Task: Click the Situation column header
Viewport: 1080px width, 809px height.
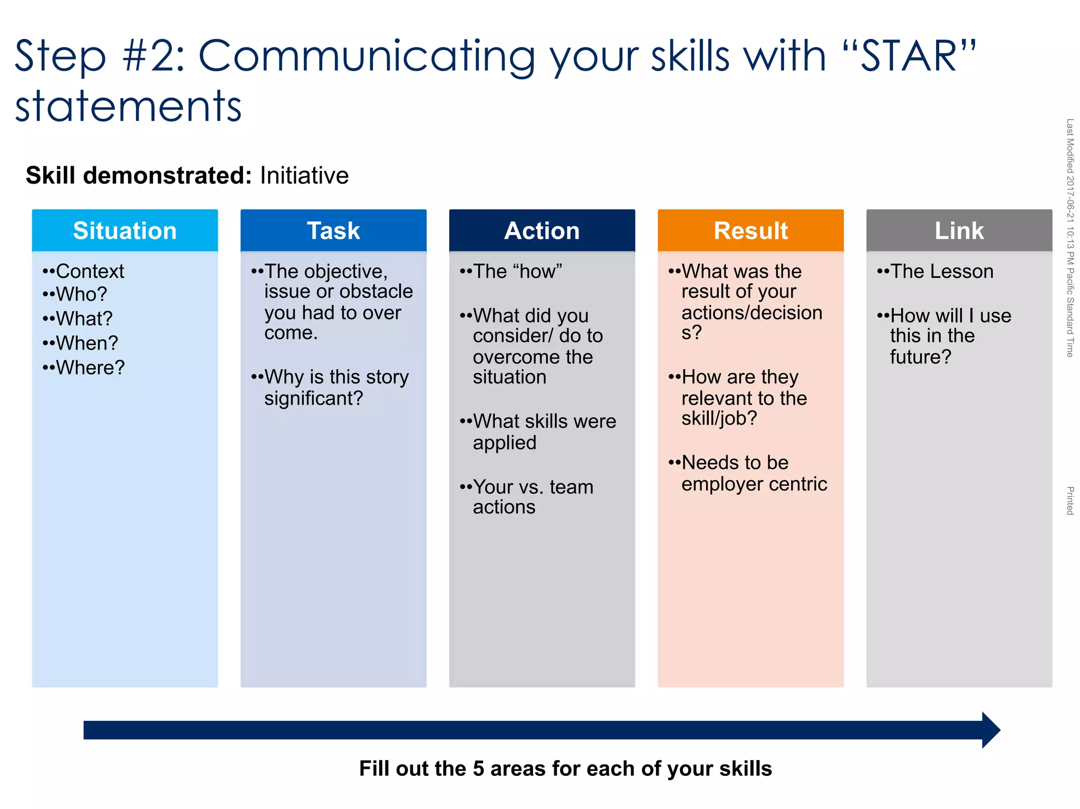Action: (x=124, y=230)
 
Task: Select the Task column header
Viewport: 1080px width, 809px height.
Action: (x=333, y=230)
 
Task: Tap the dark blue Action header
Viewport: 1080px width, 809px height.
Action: (x=542, y=230)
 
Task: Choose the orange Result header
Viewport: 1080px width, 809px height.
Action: (x=750, y=230)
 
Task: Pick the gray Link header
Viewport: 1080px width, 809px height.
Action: (x=959, y=230)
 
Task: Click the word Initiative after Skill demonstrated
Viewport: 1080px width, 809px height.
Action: (x=304, y=176)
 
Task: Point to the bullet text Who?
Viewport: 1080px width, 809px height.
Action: (x=81, y=294)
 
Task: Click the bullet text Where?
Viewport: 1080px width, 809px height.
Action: (x=90, y=368)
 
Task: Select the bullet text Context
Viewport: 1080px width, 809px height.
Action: (x=90, y=271)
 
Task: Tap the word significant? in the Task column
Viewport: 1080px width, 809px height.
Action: (x=314, y=398)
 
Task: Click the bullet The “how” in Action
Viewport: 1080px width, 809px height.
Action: (x=517, y=271)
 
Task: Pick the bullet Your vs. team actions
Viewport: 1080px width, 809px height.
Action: (x=533, y=496)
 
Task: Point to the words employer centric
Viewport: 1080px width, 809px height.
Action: (x=754, y=484)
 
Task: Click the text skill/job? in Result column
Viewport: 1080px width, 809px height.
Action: (x=719, y=418)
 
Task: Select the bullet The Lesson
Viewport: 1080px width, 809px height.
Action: (x=942, y=271)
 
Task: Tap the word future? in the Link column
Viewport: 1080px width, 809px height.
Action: (x=920, y=357)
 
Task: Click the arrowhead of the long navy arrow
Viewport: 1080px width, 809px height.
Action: (x=990, y=730)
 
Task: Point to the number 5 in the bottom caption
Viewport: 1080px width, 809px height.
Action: (x=478, y=768)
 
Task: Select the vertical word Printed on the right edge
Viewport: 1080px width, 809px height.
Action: (x=1070, y=500)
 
